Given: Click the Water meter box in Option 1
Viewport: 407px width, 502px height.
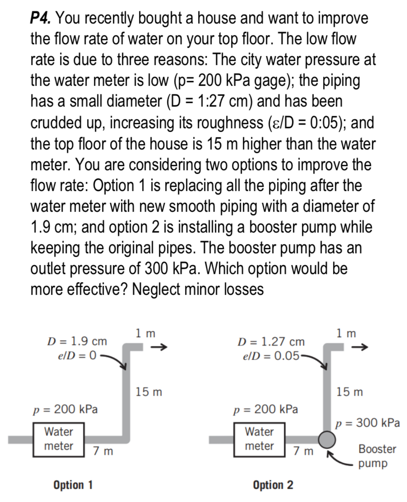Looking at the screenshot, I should tap(59, 438).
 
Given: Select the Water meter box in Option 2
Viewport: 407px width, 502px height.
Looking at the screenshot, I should tap(259, 438).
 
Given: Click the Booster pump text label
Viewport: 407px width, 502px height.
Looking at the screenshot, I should tap(377, 456).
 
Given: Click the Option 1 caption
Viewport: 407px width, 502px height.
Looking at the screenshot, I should tap(73, 485).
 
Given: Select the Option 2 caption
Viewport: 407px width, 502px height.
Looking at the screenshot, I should tap(273, 485).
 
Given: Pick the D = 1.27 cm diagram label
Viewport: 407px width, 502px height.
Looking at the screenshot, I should tap(273, 342).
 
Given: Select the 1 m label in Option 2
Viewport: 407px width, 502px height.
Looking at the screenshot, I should tap(346, 333).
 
